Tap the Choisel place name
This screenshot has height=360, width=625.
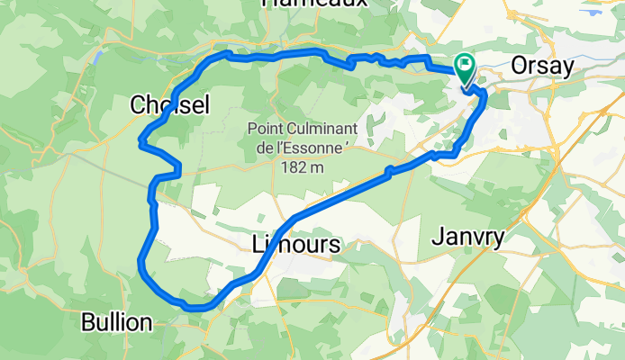pos(169,105)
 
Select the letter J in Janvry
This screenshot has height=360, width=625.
pos(436,238)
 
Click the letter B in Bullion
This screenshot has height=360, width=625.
pos(87,321)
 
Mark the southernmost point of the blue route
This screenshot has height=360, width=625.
pos(197,308)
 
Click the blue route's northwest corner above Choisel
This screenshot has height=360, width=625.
pos(216,57)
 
